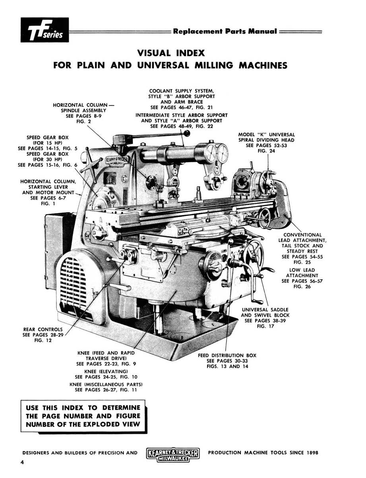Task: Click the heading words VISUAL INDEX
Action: pyautogui.click(x=170, y=53)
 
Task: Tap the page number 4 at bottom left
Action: pyautogui.click(x=23, y=462)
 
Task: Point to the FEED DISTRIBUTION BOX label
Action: pyautogui.click(x=227, y=355)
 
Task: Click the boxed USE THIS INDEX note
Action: pyautogui.click(x=83, y=416)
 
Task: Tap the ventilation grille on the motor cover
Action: pyautogui.click(x=73, y=283)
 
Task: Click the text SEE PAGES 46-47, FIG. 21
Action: pyautogui.click(x=182, y=108)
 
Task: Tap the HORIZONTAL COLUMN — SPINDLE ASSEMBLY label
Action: pyautogui.click(x=83, y=110)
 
